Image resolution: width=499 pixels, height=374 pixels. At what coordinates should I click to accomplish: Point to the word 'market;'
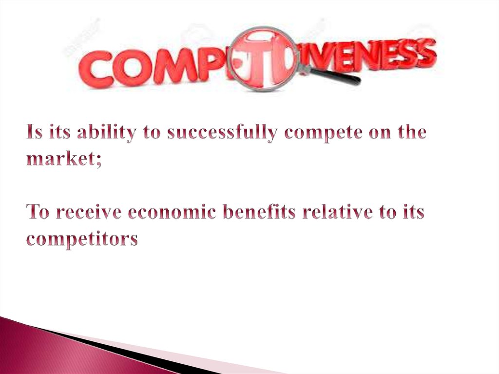(64, 159)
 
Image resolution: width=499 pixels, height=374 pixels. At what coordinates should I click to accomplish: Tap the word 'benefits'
(264, 213)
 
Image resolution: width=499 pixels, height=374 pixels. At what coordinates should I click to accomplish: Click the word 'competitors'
(82, 240)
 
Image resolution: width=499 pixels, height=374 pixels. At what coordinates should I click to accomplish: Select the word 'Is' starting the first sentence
(35, 133)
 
